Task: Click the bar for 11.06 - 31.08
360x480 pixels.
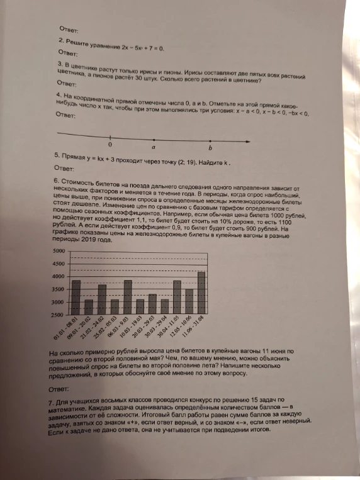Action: tap(201, 292)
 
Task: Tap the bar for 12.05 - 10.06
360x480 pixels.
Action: tap(189, 301)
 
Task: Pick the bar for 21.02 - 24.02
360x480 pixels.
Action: tap(101, 299)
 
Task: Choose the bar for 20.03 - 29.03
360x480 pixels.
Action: tap(152, 303)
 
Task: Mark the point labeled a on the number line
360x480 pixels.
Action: tap(154, 139)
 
